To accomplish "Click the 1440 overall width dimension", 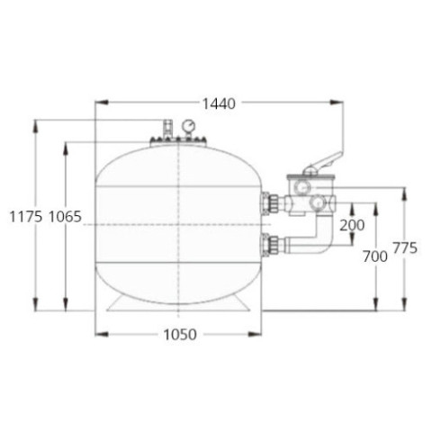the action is click(219, 103).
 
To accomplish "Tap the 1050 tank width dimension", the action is click(180, 334).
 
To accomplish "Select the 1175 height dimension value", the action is click(26, 217).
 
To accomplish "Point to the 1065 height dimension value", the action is click(65, 217).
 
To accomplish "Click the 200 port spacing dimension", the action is click(352, 225).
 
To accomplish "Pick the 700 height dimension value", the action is click(375, 256).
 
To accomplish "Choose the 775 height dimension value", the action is click(405, 248).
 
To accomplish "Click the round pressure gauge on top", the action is click(189, 126).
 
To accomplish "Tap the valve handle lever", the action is click(322, 164).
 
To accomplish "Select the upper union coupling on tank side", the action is click(270, 202).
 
